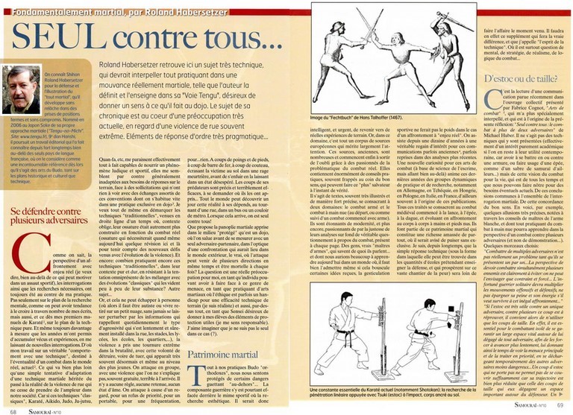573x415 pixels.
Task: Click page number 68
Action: point(14,410)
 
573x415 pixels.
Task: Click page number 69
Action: point(560,410)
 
